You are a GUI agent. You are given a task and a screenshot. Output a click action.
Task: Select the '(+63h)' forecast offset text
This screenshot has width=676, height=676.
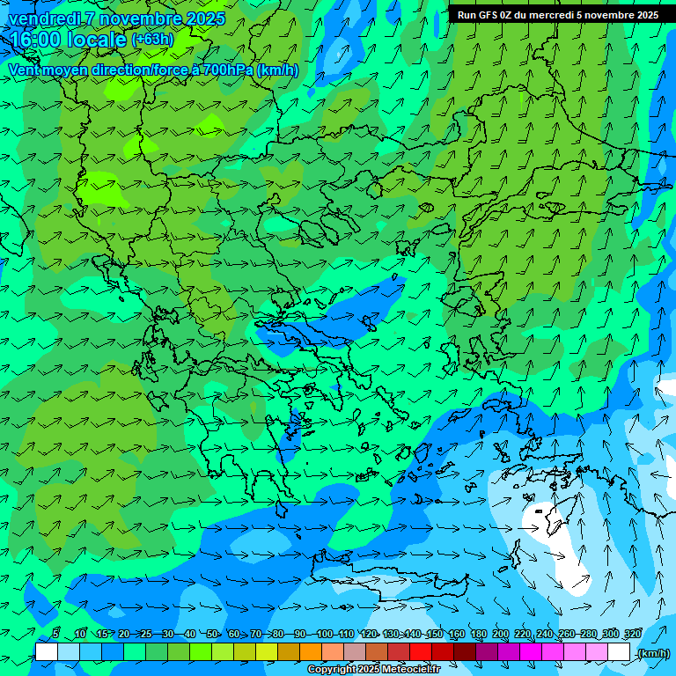pyautogui.click(x=152, y=40)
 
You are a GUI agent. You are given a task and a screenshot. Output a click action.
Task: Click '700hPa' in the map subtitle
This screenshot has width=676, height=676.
pyautogui.click(x=228, y=70)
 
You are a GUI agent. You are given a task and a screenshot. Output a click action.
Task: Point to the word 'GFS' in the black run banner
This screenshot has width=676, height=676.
pyautogui.click(x=485, y=15)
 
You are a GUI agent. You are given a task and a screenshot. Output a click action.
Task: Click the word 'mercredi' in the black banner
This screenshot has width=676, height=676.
pyautogui.click(x=550, y=15)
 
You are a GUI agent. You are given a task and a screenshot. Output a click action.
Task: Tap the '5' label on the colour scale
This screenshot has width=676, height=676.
pyautogui.click(x=55, y=634)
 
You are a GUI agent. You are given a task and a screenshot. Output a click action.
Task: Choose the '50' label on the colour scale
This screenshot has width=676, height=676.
pyautogui.click(x=211, y=634)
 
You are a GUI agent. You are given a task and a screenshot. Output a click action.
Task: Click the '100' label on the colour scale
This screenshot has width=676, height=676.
pyautogui.click(x=324, y=634)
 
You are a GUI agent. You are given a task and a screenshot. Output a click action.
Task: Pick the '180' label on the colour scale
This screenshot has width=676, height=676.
pyautogui.click(x=479, y=634)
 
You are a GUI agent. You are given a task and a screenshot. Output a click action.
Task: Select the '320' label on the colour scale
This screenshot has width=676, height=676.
pyautogui.click(x=633, y=634)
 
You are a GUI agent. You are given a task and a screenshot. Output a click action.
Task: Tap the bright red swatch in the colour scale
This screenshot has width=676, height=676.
pyautogui.click(x=420, y=652)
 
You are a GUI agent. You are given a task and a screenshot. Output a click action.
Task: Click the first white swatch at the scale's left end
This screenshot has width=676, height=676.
pyautogui.click(x=47, y=652)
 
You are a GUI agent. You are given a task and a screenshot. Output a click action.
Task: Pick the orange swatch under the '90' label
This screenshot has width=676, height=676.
pyautogui.click(x=310, y=652)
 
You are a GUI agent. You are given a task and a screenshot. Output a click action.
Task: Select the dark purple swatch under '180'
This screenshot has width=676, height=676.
pyautogui.click(x=487, y=652)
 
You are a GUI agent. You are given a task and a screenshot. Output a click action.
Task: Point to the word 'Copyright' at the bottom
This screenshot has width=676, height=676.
pyautogui.click(x=334, y=670)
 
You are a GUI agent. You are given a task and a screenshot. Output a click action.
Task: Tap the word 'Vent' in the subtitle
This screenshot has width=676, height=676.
pyautogui.click(x=24, y=70)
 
